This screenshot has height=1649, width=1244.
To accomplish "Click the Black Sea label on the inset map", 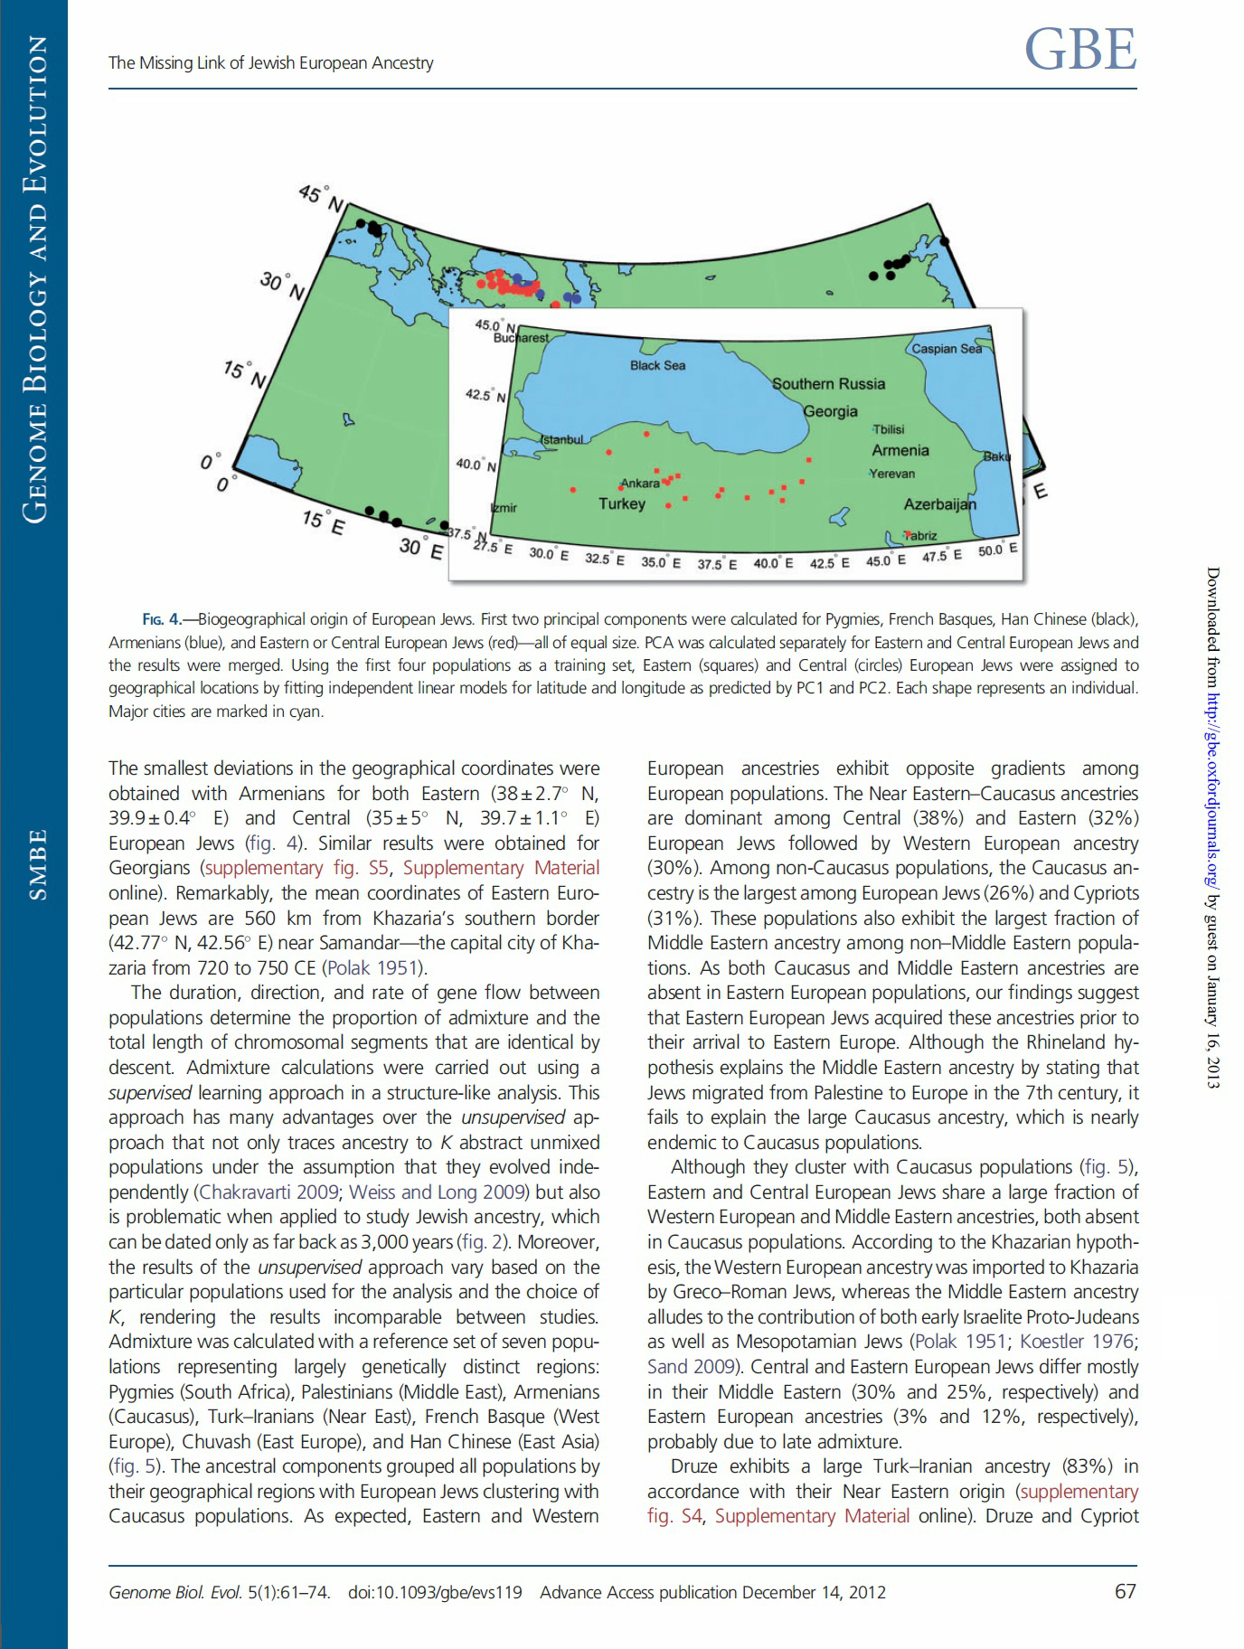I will click(x=657, y=365).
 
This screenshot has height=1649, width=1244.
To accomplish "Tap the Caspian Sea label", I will click(x=946, y=348).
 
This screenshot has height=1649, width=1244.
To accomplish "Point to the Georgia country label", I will click(x=830, y=411).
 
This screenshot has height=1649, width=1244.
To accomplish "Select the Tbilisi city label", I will click(x=889, y=429).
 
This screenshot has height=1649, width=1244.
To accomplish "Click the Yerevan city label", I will click(x=892, y=474).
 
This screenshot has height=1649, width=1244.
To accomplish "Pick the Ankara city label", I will click(x=640, y=484).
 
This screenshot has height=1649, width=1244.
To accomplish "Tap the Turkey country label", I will click(x=622, y=504).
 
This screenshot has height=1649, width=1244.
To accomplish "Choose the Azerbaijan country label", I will click(x=940, y=504).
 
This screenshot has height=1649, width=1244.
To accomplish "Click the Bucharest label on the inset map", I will click(x=521, y=337).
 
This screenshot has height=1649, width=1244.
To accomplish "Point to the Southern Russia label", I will click(x=828, y=383).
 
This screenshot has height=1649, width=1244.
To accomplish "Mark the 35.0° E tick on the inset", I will click(x=661, y=562).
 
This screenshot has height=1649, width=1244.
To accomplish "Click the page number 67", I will click(x=1125, y=1591).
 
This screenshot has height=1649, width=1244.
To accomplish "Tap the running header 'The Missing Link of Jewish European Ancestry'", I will click(x=271, y=62).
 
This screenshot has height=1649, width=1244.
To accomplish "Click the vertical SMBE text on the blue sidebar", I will click(x=36, y=864).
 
